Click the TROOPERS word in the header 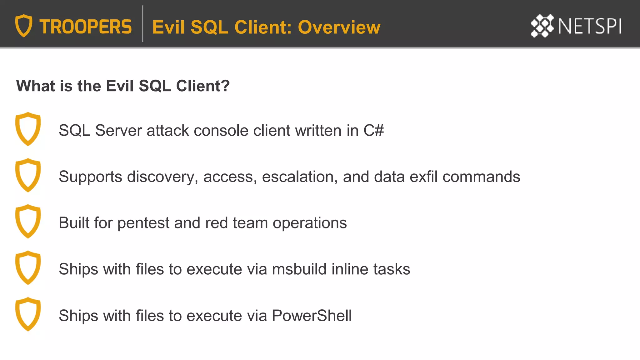point(85,27)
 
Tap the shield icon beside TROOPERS point(24,26)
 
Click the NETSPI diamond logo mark point(542,26)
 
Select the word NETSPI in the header point(589,26)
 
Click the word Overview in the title point(339,27)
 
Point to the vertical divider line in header point(142,24)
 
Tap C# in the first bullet point(373,130)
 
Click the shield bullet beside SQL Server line point(28,129)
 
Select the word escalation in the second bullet point(300,177)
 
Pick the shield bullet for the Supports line point(28,175)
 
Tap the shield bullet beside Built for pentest point(28,221)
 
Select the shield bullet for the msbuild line point(28,267)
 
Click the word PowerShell point(312,316)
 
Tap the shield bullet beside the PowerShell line point(28,314)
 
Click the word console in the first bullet point(221,130)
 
